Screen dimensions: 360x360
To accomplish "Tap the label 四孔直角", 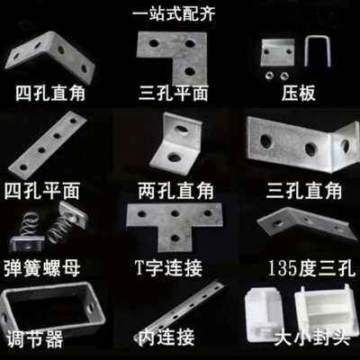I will [x=49, y=93].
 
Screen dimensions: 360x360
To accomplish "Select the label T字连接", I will [x=171, y=268].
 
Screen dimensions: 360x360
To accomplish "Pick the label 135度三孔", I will [x=306, y=268].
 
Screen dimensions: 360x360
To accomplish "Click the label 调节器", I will [x=36, y=339].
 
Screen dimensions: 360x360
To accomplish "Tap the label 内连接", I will [x=171, y=339].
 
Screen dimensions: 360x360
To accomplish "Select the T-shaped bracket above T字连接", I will [x=174, y=222].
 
